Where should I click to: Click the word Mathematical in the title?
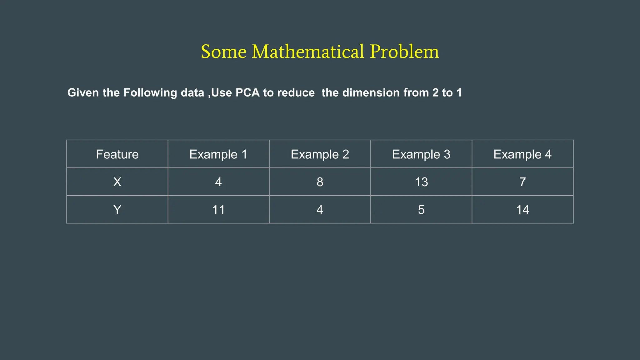pyautogui.click(x=308, y=52)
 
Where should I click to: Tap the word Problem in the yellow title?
pyautogui.click(x=404, y=52)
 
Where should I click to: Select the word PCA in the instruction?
pyautogui.click(x=247, y=93)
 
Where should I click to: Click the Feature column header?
pyautogui.click(x=117, y=154)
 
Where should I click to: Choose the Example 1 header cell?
pyautogui.click(x=218, y=154)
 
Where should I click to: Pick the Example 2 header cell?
pyautogui.click(x=320, y=154)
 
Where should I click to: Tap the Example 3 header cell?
pyautogui.click(x=421, y=154)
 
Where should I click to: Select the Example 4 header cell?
pyautogui.click(x=522, y=154)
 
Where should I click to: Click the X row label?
pyautogui.click(x=117, y=182)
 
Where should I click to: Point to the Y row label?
pyautogui.click(x=117, y=210)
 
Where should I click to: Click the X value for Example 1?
pyautogui.click(x=218, y=182)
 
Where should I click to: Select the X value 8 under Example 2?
pyautogui.click(x=320, y=182)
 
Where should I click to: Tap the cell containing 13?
pyautogui.click(x=421, y=182)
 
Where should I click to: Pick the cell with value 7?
pyautogui.click(x=522, y=182)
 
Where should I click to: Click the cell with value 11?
pyautogui.click(x=218, y=210)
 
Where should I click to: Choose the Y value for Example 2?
pyautogui.click(x=320, y=210)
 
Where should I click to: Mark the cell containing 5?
pyautogui.click(x=421, y=210)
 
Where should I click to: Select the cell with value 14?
pyautogui.click(x=522, y=210)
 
